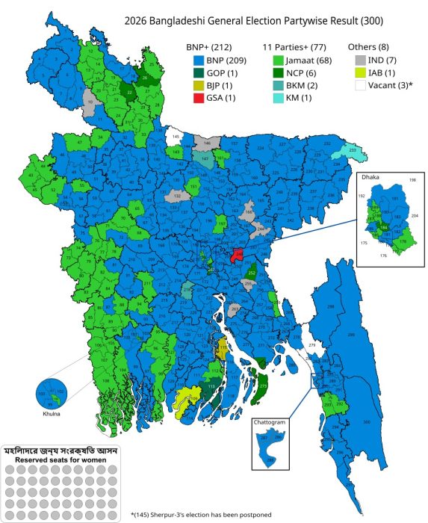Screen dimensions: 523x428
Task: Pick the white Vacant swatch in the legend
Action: [359, 85]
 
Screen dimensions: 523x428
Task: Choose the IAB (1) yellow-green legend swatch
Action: [359, 72]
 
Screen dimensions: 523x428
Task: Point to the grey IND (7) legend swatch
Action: [359, 60]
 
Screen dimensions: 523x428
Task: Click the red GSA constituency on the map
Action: [238, 255]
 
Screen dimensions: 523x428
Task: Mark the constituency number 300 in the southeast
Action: [367, 422]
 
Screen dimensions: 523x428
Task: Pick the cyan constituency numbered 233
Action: [343, 150]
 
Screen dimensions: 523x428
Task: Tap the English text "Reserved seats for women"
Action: [63, 460]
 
